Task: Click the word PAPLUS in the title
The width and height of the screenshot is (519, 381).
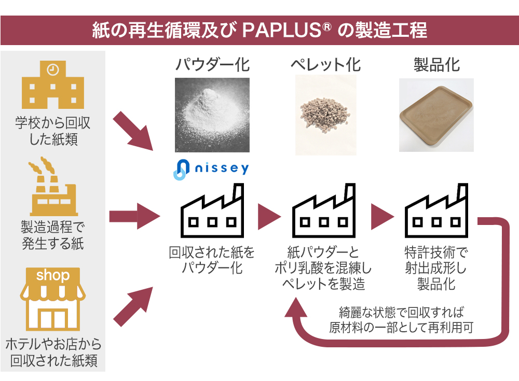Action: pos(280,30)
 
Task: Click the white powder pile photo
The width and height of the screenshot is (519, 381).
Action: pos(212,115)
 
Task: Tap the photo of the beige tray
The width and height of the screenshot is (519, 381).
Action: pos(436,115)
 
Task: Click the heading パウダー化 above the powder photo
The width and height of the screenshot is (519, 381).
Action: pos(212,65)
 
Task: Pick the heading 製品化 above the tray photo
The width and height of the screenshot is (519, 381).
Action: pos(436,65)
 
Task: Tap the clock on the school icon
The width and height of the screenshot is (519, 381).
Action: pos(52,69)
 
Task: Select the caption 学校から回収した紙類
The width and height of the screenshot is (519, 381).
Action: pos(52,132)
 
